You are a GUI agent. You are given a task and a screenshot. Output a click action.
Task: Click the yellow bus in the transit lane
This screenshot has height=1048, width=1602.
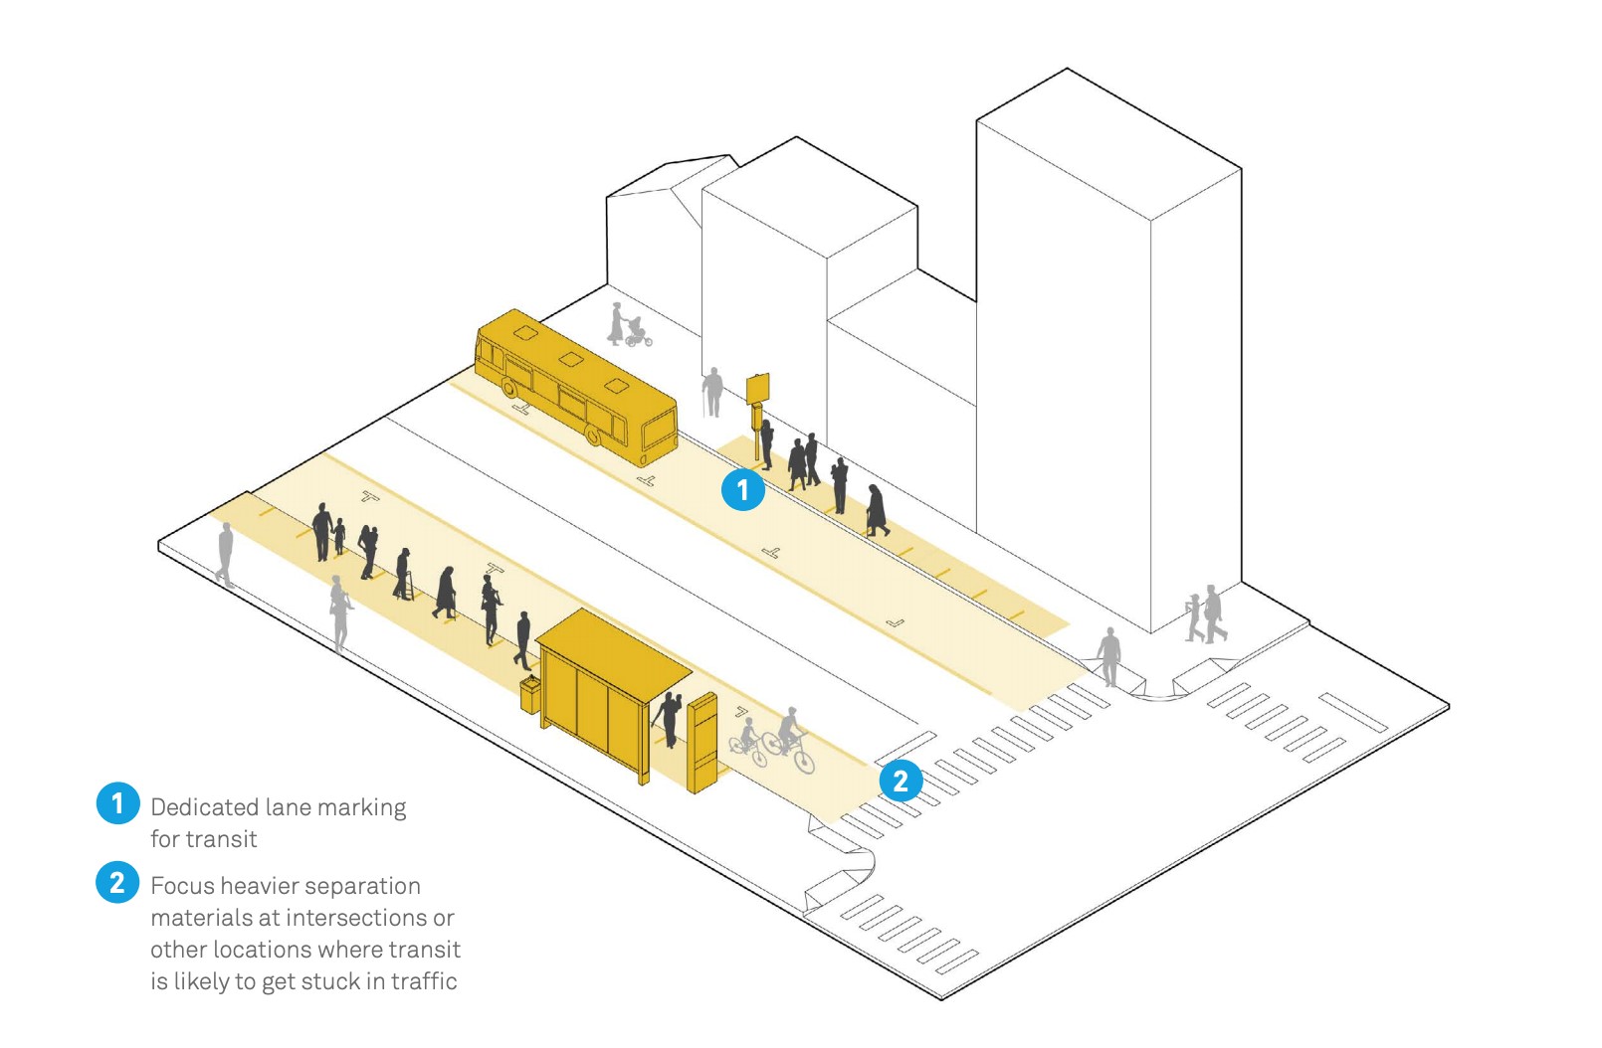point(576,387)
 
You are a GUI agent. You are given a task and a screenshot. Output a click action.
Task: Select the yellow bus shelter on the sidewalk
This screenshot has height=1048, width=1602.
point(613,692)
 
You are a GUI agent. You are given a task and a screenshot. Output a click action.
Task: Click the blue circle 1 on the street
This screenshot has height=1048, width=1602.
point(742,489)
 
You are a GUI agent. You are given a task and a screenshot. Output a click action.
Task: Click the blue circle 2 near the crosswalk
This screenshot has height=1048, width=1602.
point(901,780)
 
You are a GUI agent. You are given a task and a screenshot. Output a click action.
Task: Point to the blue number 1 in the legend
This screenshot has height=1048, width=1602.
point(117,802)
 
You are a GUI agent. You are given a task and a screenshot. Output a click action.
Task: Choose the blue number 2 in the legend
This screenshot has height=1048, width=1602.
point(117,882)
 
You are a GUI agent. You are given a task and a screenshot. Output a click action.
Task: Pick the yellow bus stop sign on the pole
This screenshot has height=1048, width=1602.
point(757,388)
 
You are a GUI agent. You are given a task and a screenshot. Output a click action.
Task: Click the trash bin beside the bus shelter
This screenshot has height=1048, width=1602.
point(530,694)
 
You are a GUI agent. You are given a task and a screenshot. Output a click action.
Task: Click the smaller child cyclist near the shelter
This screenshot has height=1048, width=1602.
point(748,743)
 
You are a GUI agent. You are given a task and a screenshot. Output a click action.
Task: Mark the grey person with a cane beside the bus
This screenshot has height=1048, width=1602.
point(712,392)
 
